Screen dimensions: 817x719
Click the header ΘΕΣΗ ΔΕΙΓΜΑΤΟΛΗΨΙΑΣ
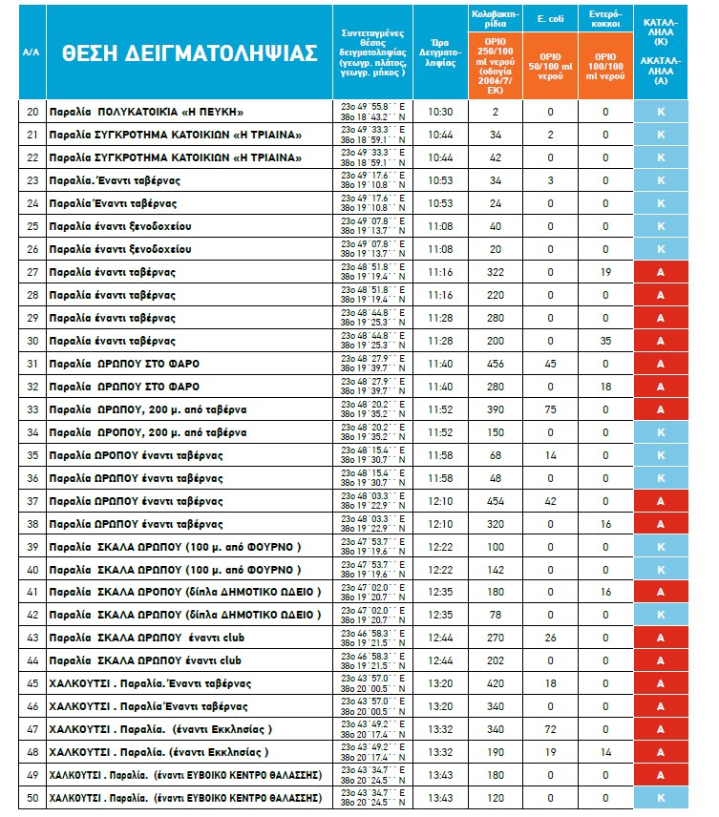[x=188, y=52]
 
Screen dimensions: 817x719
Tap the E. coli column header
[x=551, y=17]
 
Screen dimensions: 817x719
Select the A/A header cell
[x=31, y=52]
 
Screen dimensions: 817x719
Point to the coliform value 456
[x=496, y=364]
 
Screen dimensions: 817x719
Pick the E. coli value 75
[x=551, y=408]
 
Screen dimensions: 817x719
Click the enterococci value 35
[x=605, y=341]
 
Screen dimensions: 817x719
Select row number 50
[x=32, y=797]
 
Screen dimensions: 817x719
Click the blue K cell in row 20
[x=660, y=112]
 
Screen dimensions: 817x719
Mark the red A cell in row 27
[x=660, y=272]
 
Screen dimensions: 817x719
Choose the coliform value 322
[x=496, y=272]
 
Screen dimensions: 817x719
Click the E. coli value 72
[x=551, y=728]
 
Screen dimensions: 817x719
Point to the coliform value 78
[x=496, y=615]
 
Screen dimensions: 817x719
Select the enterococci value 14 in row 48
[x=605, y=751]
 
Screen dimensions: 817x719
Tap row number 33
[x=32, y=408]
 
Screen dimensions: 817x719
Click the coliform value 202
[x=496, y=660]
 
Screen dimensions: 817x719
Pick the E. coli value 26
[x=551, y=638]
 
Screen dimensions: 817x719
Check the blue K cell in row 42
[x=660, y=615]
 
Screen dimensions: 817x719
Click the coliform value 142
[x=496, y=569]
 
